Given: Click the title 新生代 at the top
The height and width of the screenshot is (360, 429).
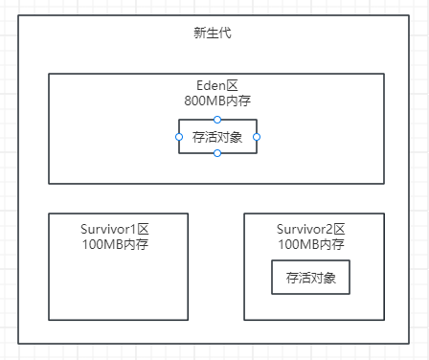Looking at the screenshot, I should point(212,34).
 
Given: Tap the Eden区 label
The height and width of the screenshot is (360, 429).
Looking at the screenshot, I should point(216,85).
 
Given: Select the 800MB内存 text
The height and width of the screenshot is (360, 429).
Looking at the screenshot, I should point(216,100).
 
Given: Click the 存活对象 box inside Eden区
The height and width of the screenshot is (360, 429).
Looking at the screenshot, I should point(217,137).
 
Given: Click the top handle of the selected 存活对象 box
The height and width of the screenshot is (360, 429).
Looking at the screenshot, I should point(217,119).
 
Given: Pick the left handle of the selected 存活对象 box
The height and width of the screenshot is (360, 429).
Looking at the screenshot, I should point(179,137).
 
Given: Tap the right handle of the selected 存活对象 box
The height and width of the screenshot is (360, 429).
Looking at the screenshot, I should point(257,137).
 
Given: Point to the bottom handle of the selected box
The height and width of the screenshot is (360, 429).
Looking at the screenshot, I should point(217,153).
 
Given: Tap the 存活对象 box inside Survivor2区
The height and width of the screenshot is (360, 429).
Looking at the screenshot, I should point(310,278).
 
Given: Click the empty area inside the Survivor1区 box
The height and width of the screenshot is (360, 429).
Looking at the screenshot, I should point(118,287).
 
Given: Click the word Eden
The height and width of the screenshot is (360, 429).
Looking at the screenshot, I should point(210,85).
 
